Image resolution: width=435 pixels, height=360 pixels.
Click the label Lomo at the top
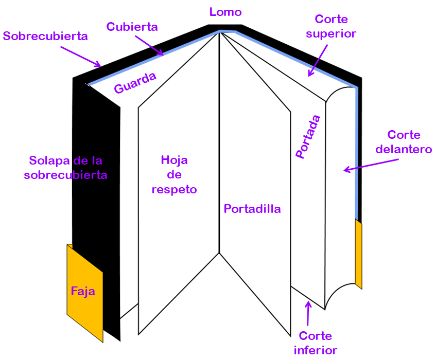pyautogui.click(x=225, y=12)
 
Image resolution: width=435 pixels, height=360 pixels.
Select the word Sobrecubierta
pyautogui.click(x=45, y=36)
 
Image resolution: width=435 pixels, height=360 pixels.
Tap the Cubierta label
pyautogui.click(x=132, y=26)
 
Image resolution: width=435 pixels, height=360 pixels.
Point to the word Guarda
pyautogui.click(x=135, y=83)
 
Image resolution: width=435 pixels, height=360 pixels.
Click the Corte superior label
pyautogui.click(x=331, y=26)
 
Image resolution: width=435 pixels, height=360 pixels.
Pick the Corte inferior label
pyautogui.click(x=316, y=343)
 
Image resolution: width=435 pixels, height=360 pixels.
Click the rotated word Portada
pyautogui.click(x=308, y=136)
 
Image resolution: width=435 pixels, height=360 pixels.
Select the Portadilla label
pyautogui.click(x=252, y=209)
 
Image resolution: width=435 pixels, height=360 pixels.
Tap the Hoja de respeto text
pyautogui.click(x=174, y=174)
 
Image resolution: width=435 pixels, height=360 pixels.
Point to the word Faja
pyautogui.click(x=83, y=292)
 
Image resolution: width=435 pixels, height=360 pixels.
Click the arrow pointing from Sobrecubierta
pyautogui.click(x=80, y=56)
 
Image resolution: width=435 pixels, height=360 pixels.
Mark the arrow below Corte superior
pyautogui.click(x=318, y=60)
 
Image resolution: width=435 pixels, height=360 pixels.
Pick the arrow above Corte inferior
pyautogui.click(x=308, y=314)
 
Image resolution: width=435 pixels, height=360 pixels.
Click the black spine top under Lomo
pyautogui.click(x=225, y=27)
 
